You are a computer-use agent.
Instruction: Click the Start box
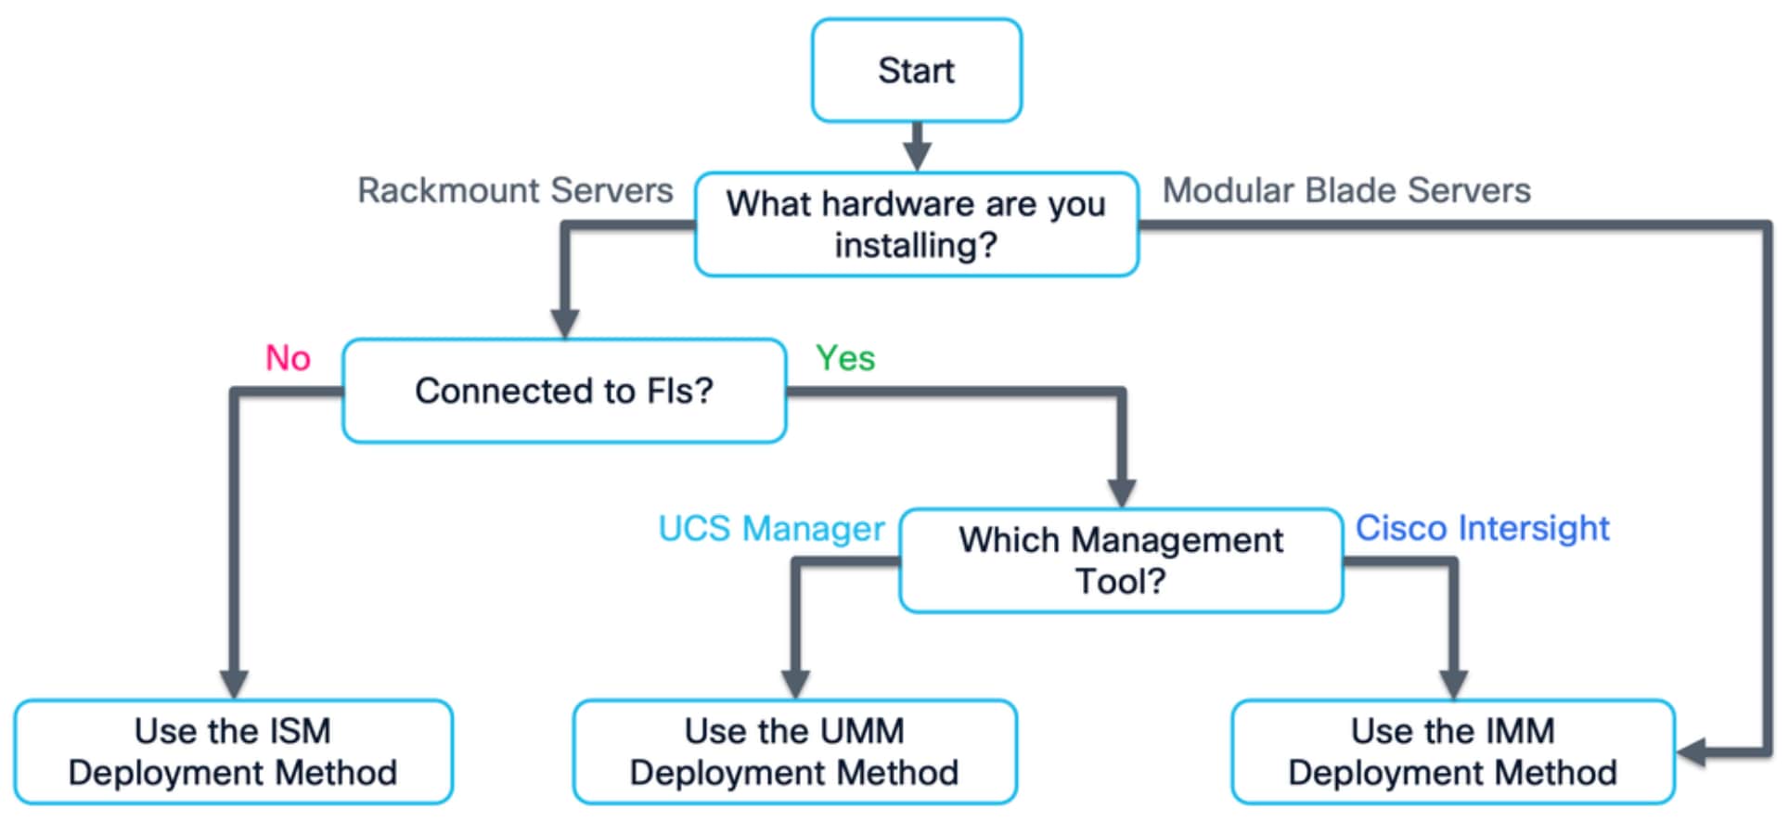(916, 71)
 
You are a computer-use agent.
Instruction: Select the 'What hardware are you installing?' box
(916, 224)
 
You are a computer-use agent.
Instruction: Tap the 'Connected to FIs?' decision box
(563, 391)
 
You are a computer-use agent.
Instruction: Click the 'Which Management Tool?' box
(1120, 559)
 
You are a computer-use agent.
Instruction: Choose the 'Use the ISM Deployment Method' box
(233, 751)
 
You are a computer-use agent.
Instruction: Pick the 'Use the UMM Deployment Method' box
(794, 751)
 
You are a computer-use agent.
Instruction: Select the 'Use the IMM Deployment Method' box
(1452, 751)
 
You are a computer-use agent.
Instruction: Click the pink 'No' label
(288, 358)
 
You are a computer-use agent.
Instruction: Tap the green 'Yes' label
(844, 358)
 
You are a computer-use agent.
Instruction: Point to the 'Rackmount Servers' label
(515, 190)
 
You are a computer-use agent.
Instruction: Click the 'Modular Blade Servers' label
(1345, 190)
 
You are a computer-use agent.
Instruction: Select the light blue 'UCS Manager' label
(770, 528)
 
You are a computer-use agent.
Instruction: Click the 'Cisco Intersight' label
(1482, 528)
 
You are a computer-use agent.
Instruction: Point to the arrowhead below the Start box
(917, 156)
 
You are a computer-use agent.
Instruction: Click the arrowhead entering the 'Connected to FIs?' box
(564, 323)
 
